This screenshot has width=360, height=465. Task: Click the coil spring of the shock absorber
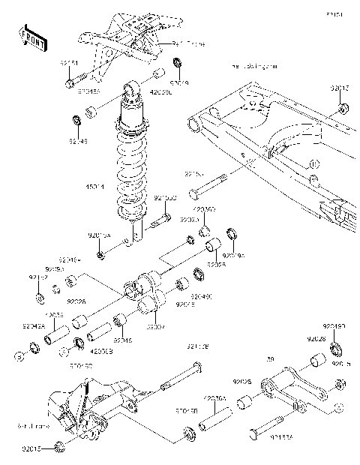click(x=133, y=172)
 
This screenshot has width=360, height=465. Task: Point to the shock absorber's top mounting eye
click(x=132, y=93)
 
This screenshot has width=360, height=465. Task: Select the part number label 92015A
click(x=99, y=235)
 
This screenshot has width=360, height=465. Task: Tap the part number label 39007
click(x=155, y=327)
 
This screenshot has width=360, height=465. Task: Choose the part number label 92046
click(x=122, y=340)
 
